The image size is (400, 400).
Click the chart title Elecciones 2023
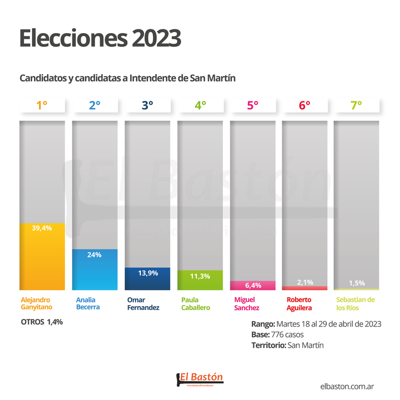pyautogui.click(x=100, y=39)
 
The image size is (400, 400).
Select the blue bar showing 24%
pyautogui.click(x=94, y=270)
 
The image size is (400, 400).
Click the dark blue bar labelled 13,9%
pyautogui.click(x=147, y=279)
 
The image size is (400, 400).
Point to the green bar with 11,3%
pyautogui.click(x=199, y=281)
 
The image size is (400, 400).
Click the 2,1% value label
pyautogui.click(x=305, y=282)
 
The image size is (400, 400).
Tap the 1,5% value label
pyautogui.click(x=357, y=283)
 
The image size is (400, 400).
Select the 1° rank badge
pyautogui.click(x=42, y=105)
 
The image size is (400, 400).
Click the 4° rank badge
pyautogui.click(x=199, y=105)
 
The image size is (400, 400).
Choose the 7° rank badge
pyautogui.click(x=356, y=105)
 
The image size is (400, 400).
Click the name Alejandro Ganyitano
pyautogui.click(x=36, y=303)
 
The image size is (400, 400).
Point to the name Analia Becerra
pyautogui.click(x=88, y=303)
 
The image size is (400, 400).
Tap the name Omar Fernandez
pyautogui.click(x=143, y=303)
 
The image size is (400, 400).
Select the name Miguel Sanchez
pyautogui.click(x=247, y=303)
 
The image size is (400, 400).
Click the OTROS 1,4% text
pyautogui.click(x=42, y=322)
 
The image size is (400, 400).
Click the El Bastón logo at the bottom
pyautogui.click(x=199, y=379)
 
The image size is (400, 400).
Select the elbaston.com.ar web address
pyautogui.click(x=350, y=385)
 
